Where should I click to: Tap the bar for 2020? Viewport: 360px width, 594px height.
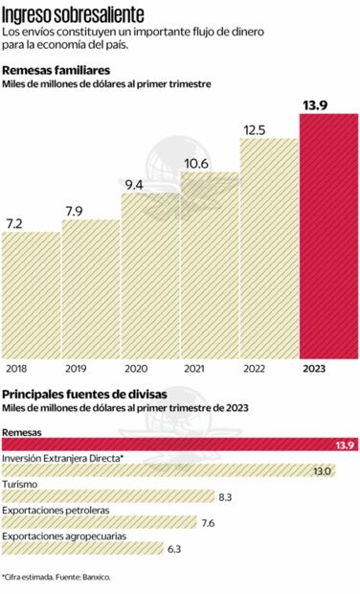[149, 276]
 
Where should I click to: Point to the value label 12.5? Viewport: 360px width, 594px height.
[254, 129]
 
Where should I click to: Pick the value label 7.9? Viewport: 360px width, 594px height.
[76, 211]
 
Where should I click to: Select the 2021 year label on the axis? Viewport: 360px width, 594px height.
[194, 369]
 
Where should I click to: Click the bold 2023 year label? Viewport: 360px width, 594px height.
[314, 369]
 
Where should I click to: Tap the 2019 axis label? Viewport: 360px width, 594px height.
[76, 369]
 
